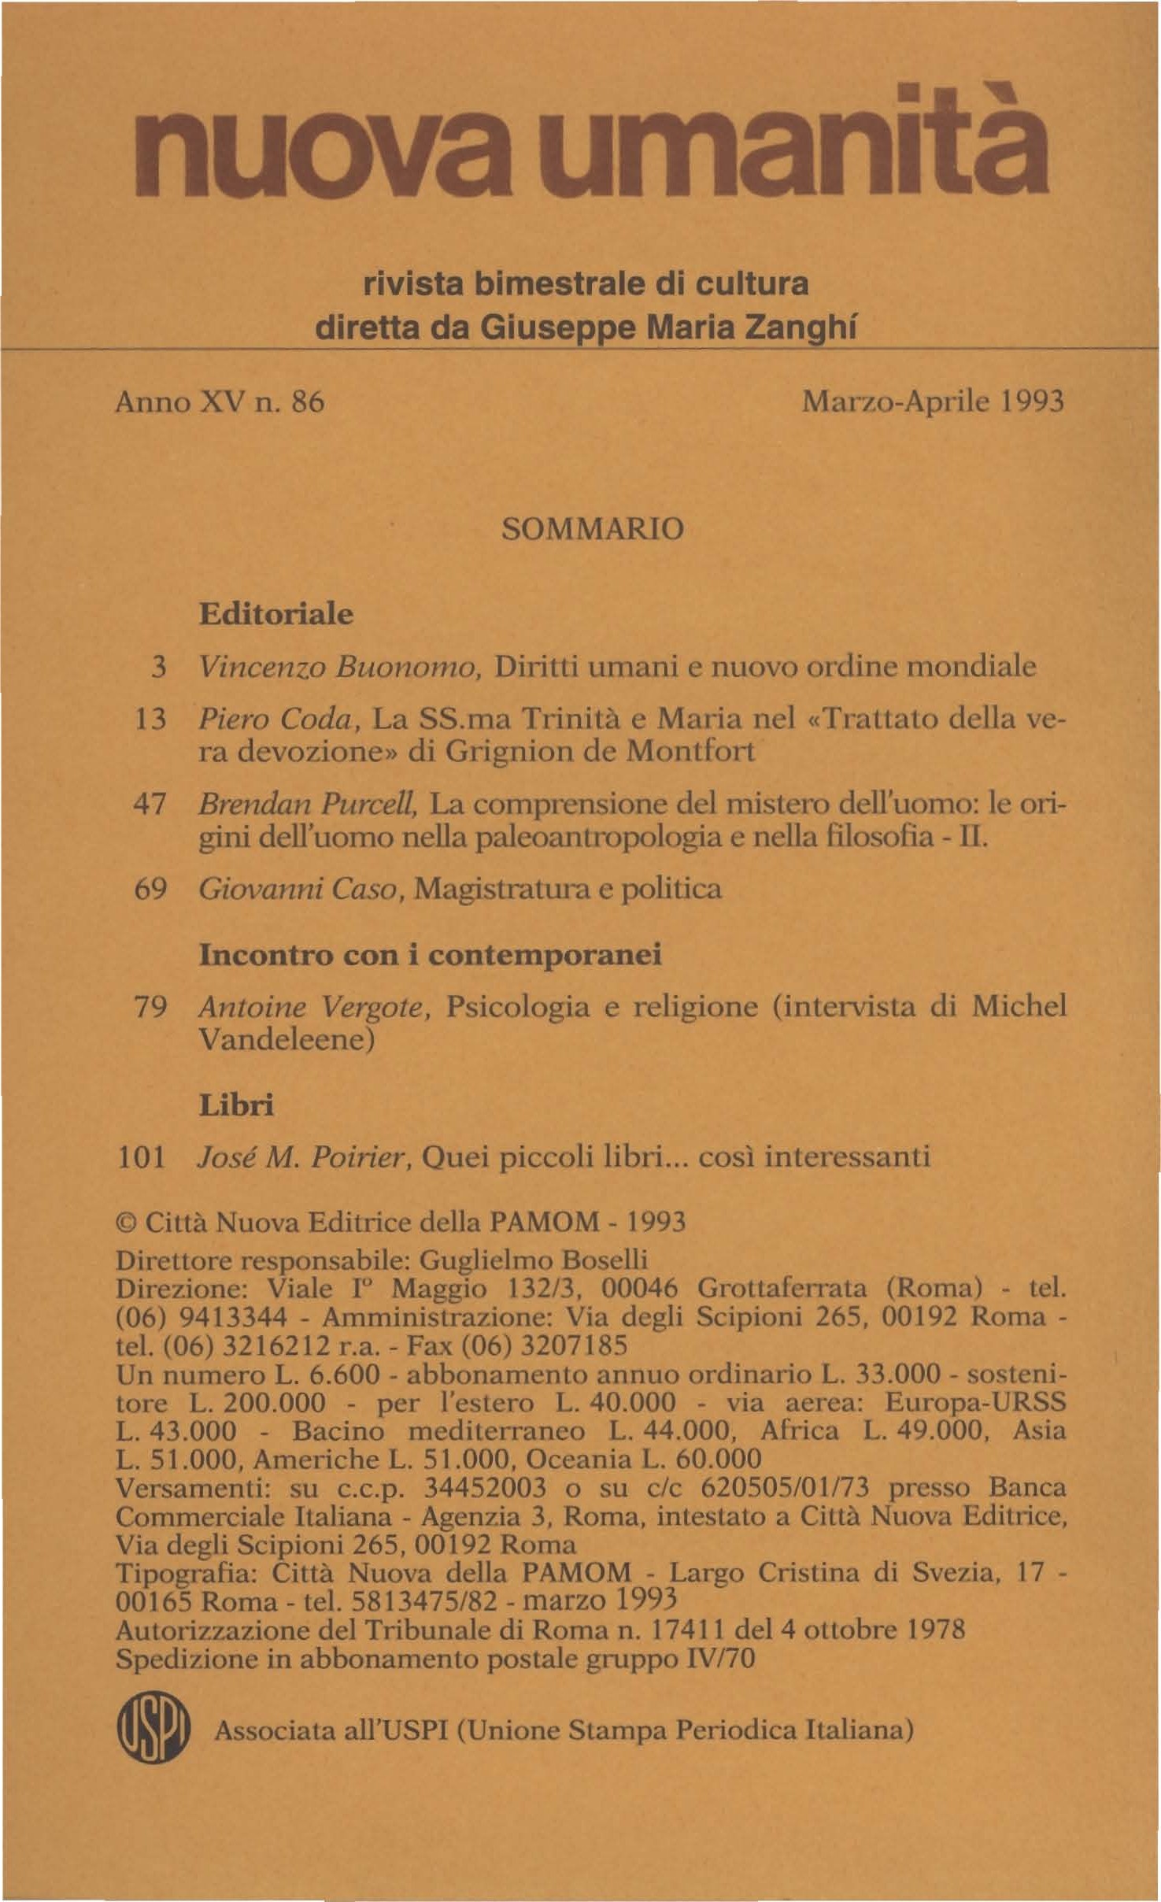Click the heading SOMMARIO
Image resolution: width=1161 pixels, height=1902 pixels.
pyautogui.click(x=593, y=528)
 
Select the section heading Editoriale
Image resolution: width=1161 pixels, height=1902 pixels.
pyautogui.click(x=275, y=614)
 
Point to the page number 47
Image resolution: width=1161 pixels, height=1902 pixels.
pyautogui.click(x=150, y=805)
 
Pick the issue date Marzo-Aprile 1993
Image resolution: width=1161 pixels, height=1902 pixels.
pyautogui.click(x=933, y=402)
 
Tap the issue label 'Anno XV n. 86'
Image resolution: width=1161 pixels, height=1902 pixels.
pyautogui.click(x=220, y=402)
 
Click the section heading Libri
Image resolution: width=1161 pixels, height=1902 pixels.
pyautogui.click(x=236, y=1105)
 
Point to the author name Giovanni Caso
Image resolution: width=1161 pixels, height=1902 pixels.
pyautogui.click(x=300, y=889)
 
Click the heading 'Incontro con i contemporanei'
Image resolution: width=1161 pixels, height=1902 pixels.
pyautogui.click(x=430, y=955)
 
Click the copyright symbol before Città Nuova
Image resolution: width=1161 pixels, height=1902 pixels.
pyautogui.click(x=125, y=1223)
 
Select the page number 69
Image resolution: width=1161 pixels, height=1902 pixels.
pyautogui.click(x=150, y=889)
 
